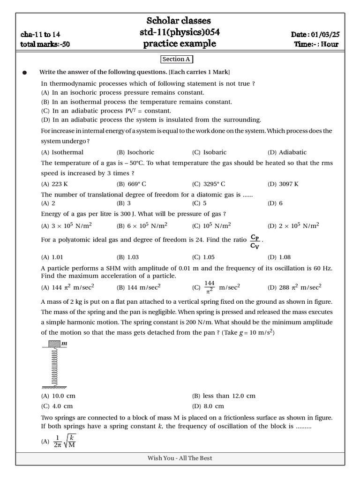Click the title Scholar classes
179,21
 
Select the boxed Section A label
176,60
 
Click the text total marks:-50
45,45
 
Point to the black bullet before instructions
25,73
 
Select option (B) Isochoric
135,152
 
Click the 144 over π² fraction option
209,287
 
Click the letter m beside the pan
65,344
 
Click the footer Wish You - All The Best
180,458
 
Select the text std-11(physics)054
180,32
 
